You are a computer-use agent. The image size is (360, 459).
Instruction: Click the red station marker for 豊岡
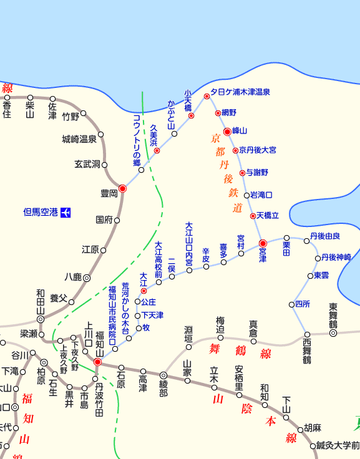(x=122, y=188)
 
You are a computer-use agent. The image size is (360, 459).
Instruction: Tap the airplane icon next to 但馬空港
(x=66, y=212)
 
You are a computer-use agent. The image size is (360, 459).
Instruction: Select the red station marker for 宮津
(x=263, y=243)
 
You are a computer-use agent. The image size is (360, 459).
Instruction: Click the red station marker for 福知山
(x=97, y=362)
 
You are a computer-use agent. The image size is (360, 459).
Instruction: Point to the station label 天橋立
(x=268, y=215)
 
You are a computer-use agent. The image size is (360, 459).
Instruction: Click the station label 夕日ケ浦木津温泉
(x=240, y=92)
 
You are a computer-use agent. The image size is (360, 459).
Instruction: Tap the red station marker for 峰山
(x=228, y=131)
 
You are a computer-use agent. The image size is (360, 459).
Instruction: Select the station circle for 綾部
(x=163, y=375)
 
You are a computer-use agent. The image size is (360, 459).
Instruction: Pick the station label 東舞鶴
(x=333, y=316)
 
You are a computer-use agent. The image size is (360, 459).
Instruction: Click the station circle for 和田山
(x=41, y=319)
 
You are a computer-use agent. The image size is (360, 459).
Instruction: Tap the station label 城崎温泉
(x=79, y=138)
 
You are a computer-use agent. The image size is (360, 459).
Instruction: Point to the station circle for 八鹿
(x=87, y=278)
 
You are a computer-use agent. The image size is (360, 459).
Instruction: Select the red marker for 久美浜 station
(x=157, y=150)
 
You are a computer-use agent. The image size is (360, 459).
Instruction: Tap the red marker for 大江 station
(x=144, y=291)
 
